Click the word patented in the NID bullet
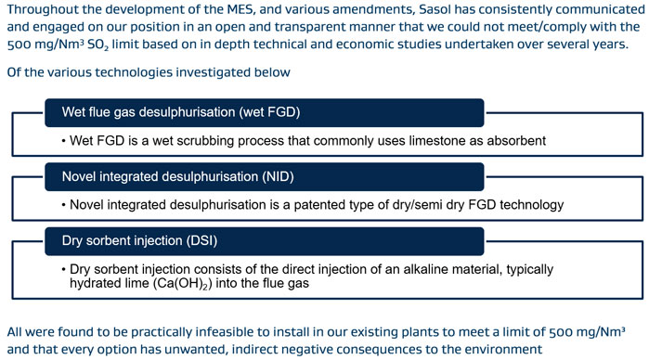[x=371, y=204]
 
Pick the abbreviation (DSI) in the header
[x=227, y=239]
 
